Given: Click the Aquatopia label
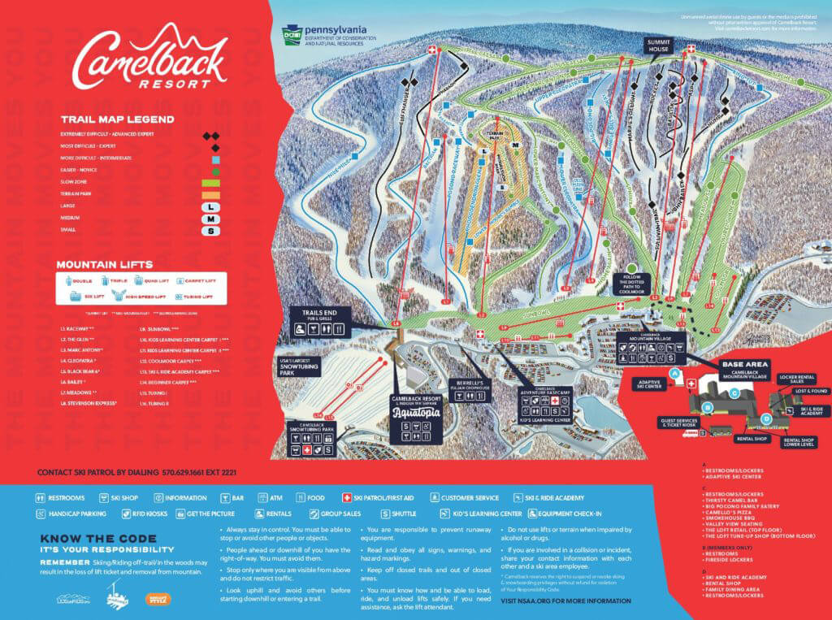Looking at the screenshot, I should pos(415,412).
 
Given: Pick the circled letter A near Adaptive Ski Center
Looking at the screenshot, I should pos(674,372).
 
